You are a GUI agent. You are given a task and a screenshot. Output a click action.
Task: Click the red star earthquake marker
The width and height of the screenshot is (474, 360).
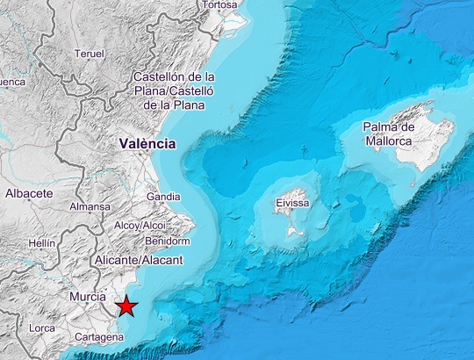click(x=127, y=306)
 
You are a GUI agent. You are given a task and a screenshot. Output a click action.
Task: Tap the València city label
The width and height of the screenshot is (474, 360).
click(x=147, y=143)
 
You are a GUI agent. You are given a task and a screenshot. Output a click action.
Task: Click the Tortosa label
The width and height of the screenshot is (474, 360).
click(x=219, y=4)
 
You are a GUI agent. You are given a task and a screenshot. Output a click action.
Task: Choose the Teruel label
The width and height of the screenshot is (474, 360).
click(x=90, y=54)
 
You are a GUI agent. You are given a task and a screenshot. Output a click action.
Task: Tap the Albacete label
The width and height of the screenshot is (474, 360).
click(x=29, y=193)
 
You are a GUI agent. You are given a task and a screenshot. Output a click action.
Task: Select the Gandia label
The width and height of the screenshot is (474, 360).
click(x=163, y=197)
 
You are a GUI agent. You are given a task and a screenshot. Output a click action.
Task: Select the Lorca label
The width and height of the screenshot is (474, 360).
click(x=41, y=328)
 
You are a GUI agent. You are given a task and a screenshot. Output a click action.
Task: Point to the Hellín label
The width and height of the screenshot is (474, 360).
click(x=42, y=242)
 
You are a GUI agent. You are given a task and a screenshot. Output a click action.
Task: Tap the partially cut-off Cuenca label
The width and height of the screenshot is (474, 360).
click(x=11, y=83)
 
